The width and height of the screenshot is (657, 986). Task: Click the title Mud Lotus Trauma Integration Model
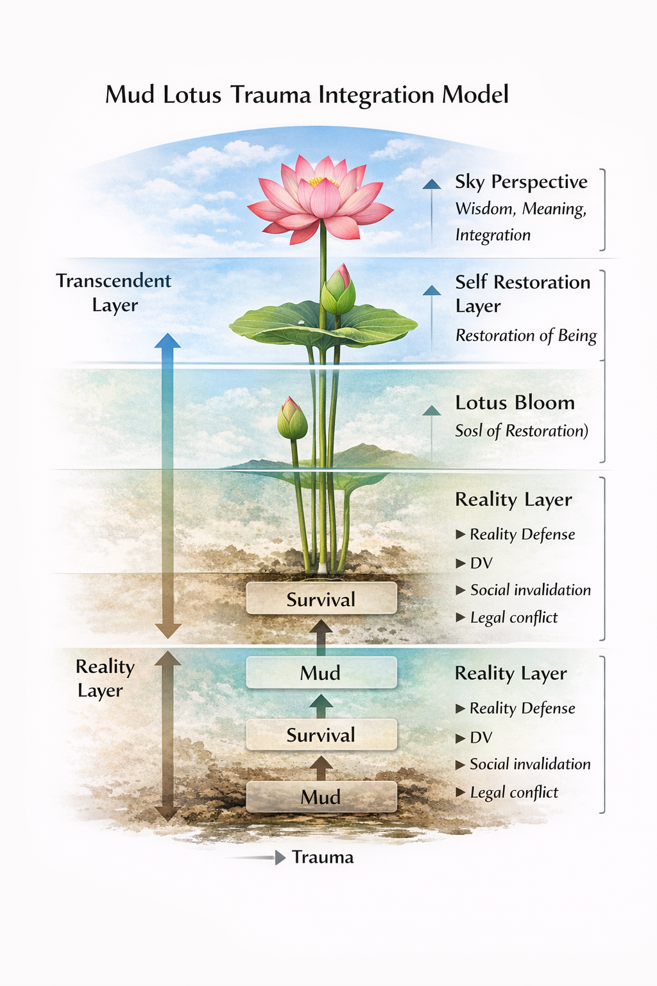pyautogui.click(x=307, y=95)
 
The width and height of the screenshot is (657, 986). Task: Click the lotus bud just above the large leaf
pyautogui.click(x=338, y=291)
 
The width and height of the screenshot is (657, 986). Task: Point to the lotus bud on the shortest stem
pyautogui.click(x=292, y=419)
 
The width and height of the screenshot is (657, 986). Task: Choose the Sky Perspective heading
pyautogui.click(x=521, y=182)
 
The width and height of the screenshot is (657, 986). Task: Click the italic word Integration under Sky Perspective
pyautogui.click(x=493, y=235)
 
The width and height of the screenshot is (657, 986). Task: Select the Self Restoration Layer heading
pyautogui.click(x=522, y=293)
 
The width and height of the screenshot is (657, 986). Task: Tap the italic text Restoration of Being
pyautogui.click(x=526, y=335)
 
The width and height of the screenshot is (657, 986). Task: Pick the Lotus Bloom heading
pyautogui.click(x=515, y=402)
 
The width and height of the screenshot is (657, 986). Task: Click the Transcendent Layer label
pyautogui.click(x=114, y=292)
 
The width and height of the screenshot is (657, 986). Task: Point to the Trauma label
pyautogui.click(x=323, y=858)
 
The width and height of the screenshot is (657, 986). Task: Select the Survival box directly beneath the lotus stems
pyautogui.click(x=321, y=599)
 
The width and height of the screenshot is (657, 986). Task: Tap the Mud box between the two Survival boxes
pyautogui.click(x=321, y=673)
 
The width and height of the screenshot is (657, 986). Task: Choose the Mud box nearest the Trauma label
pyautogui.click(x=321, y=797)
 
